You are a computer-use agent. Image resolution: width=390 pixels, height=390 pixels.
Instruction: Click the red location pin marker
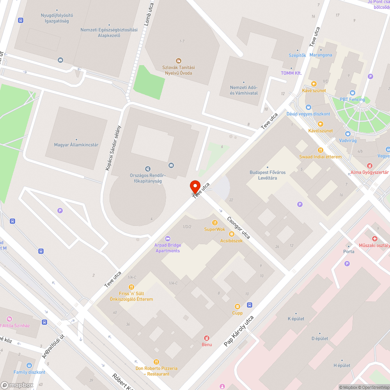(195, 186)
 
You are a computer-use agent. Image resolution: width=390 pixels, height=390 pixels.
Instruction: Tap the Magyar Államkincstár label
(76, 145)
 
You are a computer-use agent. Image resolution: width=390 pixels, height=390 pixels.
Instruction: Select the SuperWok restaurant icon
(214, 223)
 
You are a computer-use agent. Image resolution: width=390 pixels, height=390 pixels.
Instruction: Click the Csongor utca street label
(238, 228)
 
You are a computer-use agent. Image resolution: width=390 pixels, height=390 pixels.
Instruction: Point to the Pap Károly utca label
(239, 331)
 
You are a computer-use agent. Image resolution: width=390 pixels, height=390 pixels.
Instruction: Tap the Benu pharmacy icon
(207, 338)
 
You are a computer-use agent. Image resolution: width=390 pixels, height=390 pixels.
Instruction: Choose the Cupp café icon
(237, 307)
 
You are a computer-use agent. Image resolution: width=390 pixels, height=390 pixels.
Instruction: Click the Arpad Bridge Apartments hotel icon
(168, 238)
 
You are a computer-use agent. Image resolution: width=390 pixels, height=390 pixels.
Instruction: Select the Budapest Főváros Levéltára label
(267, 175)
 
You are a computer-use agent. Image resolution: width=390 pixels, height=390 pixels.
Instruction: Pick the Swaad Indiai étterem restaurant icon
(320, 150)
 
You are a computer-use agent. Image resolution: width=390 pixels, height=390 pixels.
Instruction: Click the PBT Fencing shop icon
(353, 93)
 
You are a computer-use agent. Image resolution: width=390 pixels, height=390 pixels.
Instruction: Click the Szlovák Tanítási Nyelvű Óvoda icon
(178, 60)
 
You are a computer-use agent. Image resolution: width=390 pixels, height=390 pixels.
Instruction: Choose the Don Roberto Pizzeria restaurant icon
(156, 362)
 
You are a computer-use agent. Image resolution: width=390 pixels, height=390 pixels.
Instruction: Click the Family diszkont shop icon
(29, 365)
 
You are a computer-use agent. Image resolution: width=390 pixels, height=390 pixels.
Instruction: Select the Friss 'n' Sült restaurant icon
(131, 287)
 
